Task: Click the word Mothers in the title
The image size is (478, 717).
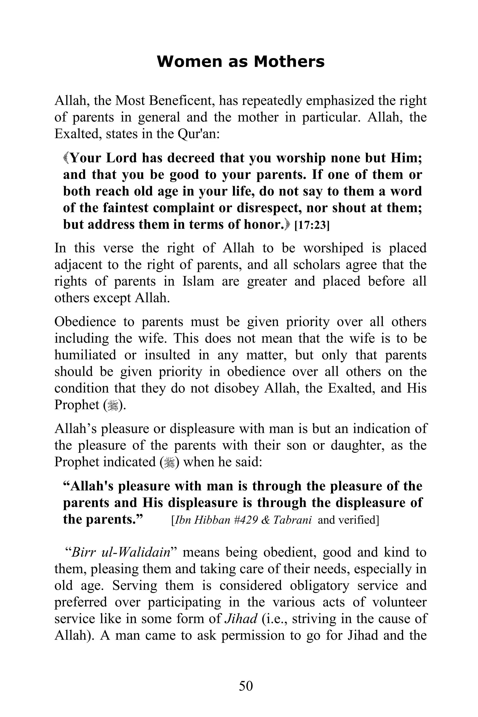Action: coord(289,62)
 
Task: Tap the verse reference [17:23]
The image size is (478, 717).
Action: coord(312,226)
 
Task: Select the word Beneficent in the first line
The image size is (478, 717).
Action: coord(180,101)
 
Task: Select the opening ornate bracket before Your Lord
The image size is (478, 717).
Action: coord(66,158)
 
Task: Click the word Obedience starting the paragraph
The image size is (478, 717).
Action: coord(85,322)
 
